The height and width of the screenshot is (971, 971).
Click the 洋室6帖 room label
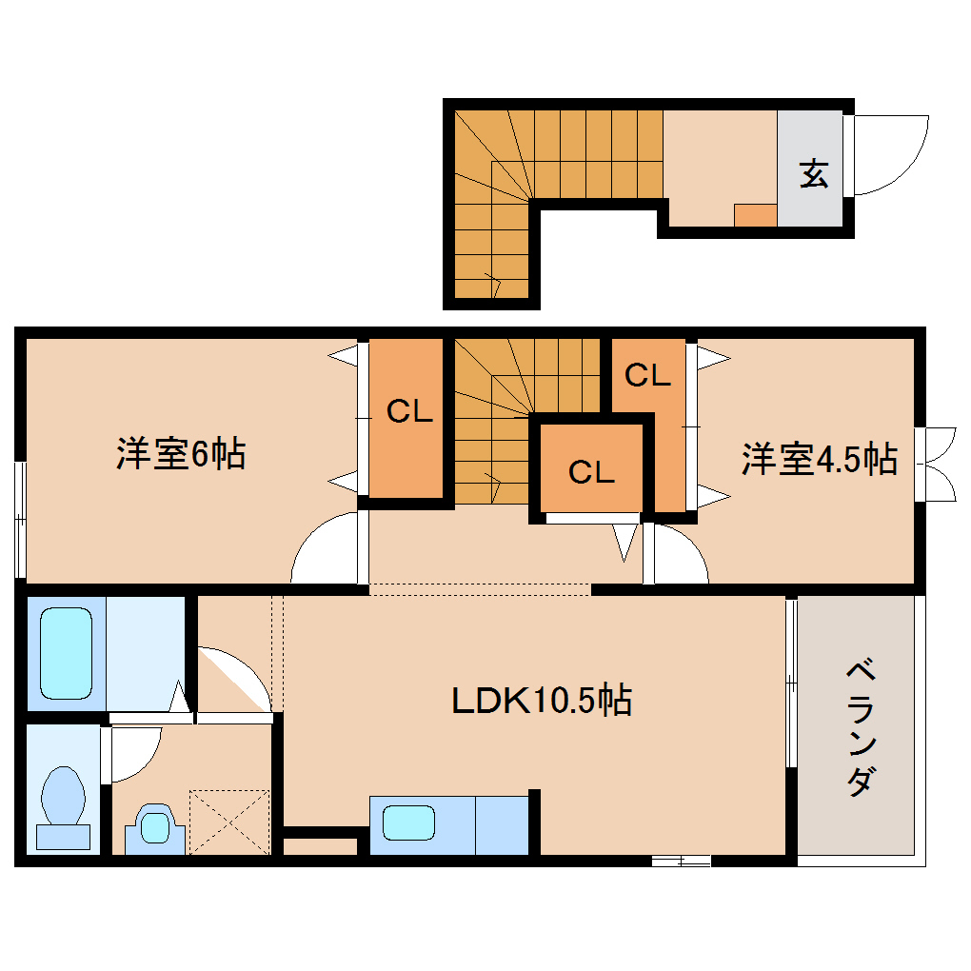point(181,454)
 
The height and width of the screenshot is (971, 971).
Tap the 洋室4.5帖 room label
point(819,459)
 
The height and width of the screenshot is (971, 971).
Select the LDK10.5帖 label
point(540,702)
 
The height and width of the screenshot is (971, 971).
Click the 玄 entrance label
point(812,173)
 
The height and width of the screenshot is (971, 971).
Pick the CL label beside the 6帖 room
point(409,411)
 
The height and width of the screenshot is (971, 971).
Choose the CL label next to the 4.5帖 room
point(647,375)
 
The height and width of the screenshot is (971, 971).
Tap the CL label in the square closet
point(592,471)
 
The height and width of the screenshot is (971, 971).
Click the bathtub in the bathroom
point(66,653)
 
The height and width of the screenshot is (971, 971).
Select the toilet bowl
point(63,799)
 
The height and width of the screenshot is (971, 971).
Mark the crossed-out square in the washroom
point(229,821)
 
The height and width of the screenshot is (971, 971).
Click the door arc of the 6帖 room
point(324,550)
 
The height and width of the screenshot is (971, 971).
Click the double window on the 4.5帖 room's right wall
point(938,464)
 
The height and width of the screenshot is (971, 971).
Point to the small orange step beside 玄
point(755,215)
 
